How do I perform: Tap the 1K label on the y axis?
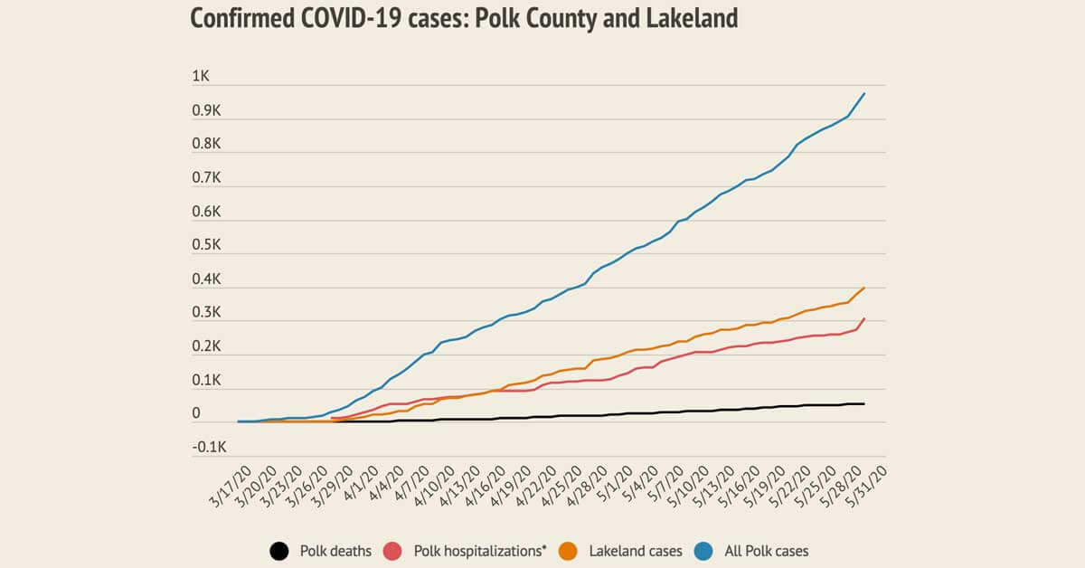(x=201, y=78)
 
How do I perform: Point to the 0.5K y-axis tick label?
(x=206, y=246)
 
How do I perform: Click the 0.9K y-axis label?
(x=206, y=111)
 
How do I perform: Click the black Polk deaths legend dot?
(x=279, y=550)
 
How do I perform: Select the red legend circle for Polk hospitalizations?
(x=393, y=550)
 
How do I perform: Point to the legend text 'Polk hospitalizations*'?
(x=480, y=550)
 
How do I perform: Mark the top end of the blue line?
(x=864, y=93)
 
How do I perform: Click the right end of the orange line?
(x=864, y=288)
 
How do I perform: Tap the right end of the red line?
(x=864, y=318)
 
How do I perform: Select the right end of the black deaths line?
(x=864, y=403)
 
